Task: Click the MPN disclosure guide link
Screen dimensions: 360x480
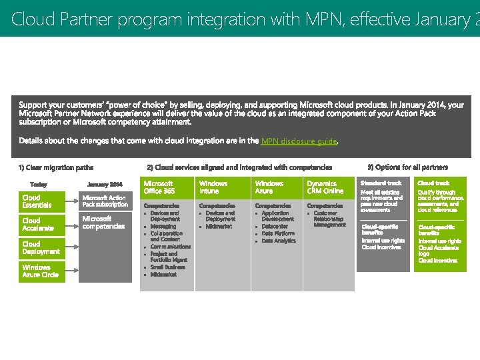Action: coord(299,141)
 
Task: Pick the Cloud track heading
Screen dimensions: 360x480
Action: coord(433,183)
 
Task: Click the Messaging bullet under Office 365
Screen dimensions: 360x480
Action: coord(163,227)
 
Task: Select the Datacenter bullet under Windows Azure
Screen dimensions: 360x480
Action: coord(275,227)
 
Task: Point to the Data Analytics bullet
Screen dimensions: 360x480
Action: coord(279,241)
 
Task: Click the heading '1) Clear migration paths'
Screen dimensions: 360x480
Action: coord(56,167)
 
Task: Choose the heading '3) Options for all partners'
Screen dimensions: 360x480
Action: coord(407,167)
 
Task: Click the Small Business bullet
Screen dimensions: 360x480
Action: coord(167,267)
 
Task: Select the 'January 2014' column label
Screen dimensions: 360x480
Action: coord(105,184)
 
